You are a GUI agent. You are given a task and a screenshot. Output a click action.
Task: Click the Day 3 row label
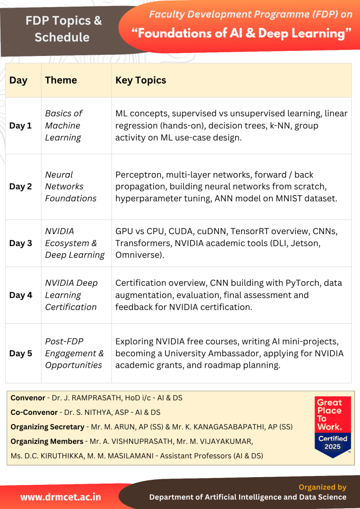coord(20,243)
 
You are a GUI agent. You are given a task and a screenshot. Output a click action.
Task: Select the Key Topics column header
coord(141,80)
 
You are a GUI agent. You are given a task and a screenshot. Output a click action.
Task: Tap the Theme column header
coord(61,80)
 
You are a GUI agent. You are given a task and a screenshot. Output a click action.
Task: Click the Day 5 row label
coord(20,353)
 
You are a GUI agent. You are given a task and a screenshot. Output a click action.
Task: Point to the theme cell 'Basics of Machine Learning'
coord(64,126)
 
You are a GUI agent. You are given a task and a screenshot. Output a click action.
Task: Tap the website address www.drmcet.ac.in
coord(61,497)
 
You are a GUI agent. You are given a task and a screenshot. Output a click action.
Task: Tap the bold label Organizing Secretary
coord(48,427)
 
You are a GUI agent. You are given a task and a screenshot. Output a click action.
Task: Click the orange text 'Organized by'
coord(322,487)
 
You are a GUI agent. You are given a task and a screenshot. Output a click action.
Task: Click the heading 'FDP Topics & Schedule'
coord(62,29)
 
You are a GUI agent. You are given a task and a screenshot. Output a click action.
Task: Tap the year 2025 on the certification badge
coord(333,447)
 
